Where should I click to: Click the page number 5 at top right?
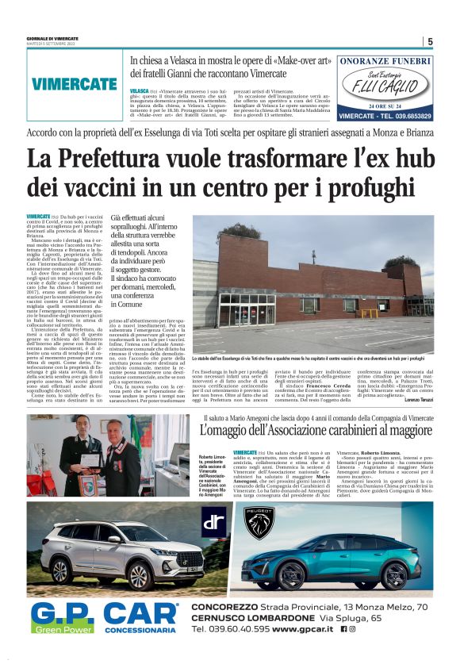click(x=429, y=42)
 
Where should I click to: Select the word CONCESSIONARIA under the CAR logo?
click(x=141, y=630)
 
